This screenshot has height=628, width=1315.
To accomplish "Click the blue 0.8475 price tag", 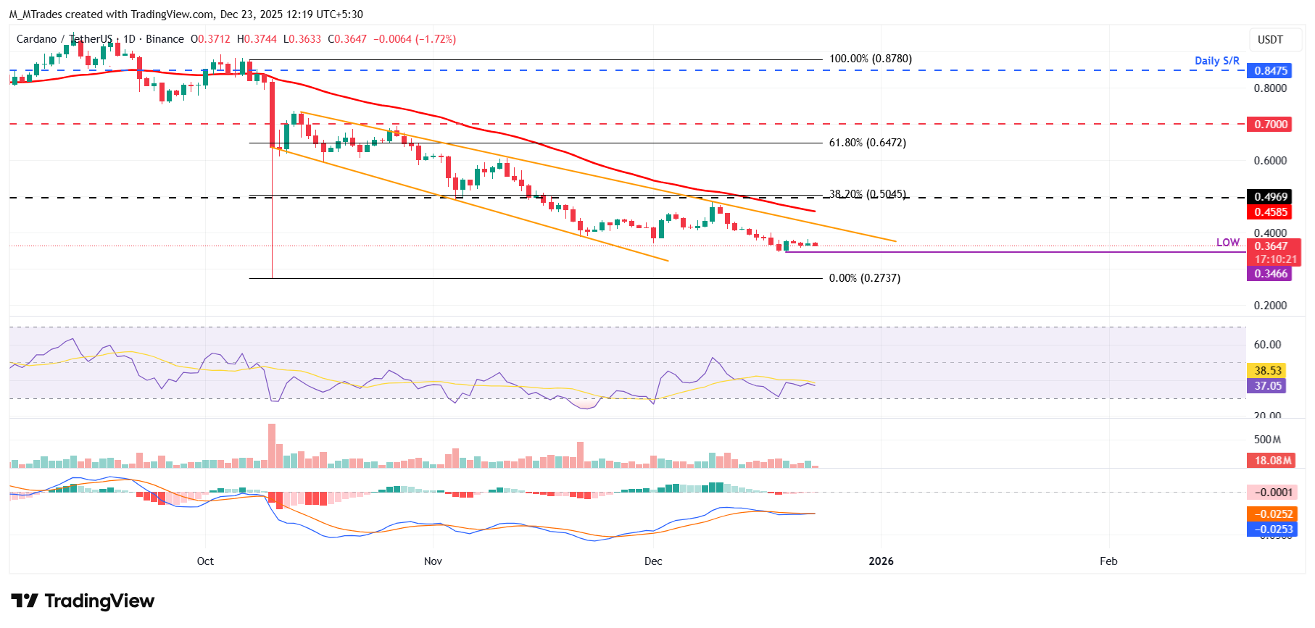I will click(1270, 70).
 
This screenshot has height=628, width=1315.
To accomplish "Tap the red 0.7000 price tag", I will click(1270, 124).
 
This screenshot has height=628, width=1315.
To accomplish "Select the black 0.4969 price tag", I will click(1270, 197).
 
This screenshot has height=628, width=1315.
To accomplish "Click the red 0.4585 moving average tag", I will click(1270, 212).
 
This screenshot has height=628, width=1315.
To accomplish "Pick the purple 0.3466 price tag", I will click(1270, 274).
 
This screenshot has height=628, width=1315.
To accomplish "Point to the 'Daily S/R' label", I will click(1216, 61).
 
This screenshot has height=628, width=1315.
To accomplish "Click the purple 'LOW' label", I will click(1227, 243).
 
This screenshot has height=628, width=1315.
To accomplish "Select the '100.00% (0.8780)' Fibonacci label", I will click(870, 59).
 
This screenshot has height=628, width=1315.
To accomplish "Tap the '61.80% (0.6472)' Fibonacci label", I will click(867, 143).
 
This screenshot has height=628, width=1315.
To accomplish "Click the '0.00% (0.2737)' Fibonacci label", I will click(864, 278).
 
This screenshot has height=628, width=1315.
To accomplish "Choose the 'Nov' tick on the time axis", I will click(433, 561).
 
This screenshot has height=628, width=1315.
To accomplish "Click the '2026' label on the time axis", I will click(881, 561).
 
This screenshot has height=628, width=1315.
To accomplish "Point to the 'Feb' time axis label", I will click(1108, 561).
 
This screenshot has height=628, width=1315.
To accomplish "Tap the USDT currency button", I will click(1269, 40).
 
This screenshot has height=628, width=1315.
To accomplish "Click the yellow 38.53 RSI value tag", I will click(1267, 370).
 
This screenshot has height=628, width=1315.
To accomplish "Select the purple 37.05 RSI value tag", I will click(1267, 386).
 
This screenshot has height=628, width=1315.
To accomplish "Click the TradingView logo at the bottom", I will click(83, 601).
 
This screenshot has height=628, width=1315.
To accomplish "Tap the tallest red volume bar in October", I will click(272, 445).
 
